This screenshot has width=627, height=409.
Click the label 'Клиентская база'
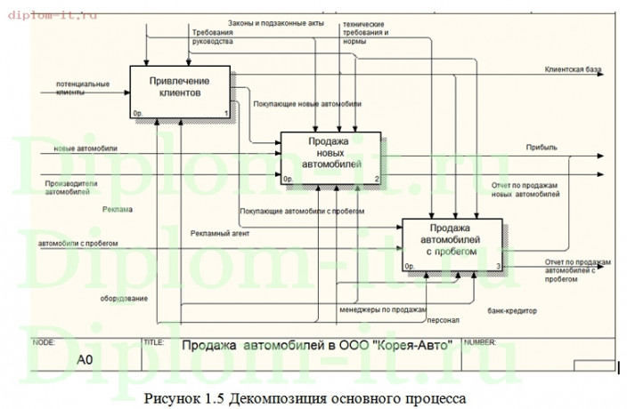(x=571, y=68)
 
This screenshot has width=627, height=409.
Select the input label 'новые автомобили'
(x=86, y=148)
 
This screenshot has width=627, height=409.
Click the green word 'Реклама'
(x=118, y=210)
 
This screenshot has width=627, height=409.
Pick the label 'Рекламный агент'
(x=219, y=233)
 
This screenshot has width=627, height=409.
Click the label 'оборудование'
(x=124, y=298)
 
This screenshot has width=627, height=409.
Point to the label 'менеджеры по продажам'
(x=382, y=309)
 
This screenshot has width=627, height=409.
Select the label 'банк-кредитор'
(x=511, y=312)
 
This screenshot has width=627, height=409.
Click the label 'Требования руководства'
(x=212, y=36)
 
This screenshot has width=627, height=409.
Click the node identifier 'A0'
(x=85, y=360)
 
